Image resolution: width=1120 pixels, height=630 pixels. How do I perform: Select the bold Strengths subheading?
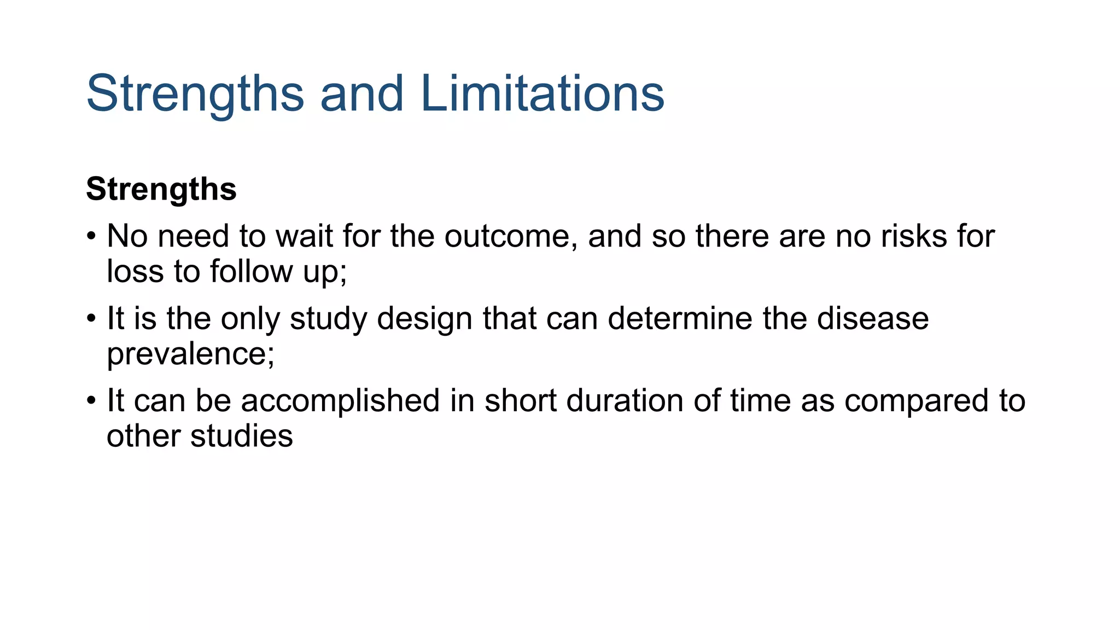161,189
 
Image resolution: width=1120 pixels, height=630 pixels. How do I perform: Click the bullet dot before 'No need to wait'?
91,237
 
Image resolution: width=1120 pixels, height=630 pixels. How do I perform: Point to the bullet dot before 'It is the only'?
91,319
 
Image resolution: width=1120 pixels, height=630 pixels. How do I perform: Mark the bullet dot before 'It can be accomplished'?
91,401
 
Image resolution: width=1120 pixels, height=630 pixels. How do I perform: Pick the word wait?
305,236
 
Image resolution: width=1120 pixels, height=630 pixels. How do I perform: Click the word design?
424,319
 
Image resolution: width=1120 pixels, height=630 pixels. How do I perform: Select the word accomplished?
340,400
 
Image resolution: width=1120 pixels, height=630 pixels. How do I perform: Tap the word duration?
625,400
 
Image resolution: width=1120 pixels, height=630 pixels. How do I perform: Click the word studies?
241,436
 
